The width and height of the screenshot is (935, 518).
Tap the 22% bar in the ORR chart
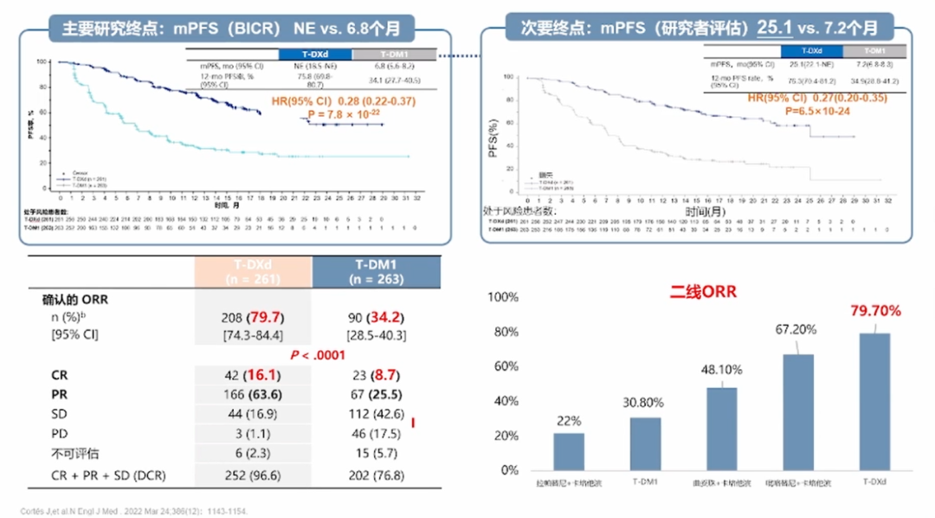coord(568,451)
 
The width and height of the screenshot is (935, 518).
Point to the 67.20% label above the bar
coord(796,330)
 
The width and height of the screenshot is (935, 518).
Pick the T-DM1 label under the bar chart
coord(644,482)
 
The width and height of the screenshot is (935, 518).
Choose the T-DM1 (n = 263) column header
coord(377,271)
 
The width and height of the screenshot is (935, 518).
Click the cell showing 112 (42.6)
coord(377,413)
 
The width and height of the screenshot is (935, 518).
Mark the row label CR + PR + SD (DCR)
coord(104,476)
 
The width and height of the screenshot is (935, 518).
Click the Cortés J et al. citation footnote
coord(134,511)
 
